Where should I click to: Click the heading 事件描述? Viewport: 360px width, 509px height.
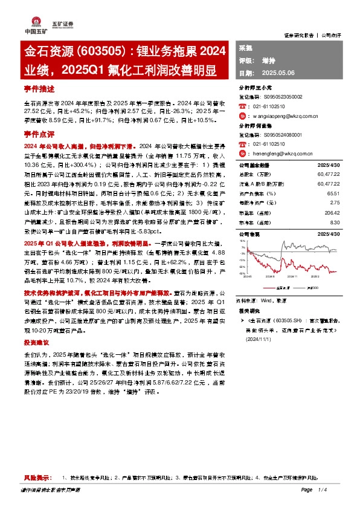click(x=39, y=88)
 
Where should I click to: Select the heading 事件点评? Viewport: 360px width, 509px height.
click(x=39, y=132)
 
